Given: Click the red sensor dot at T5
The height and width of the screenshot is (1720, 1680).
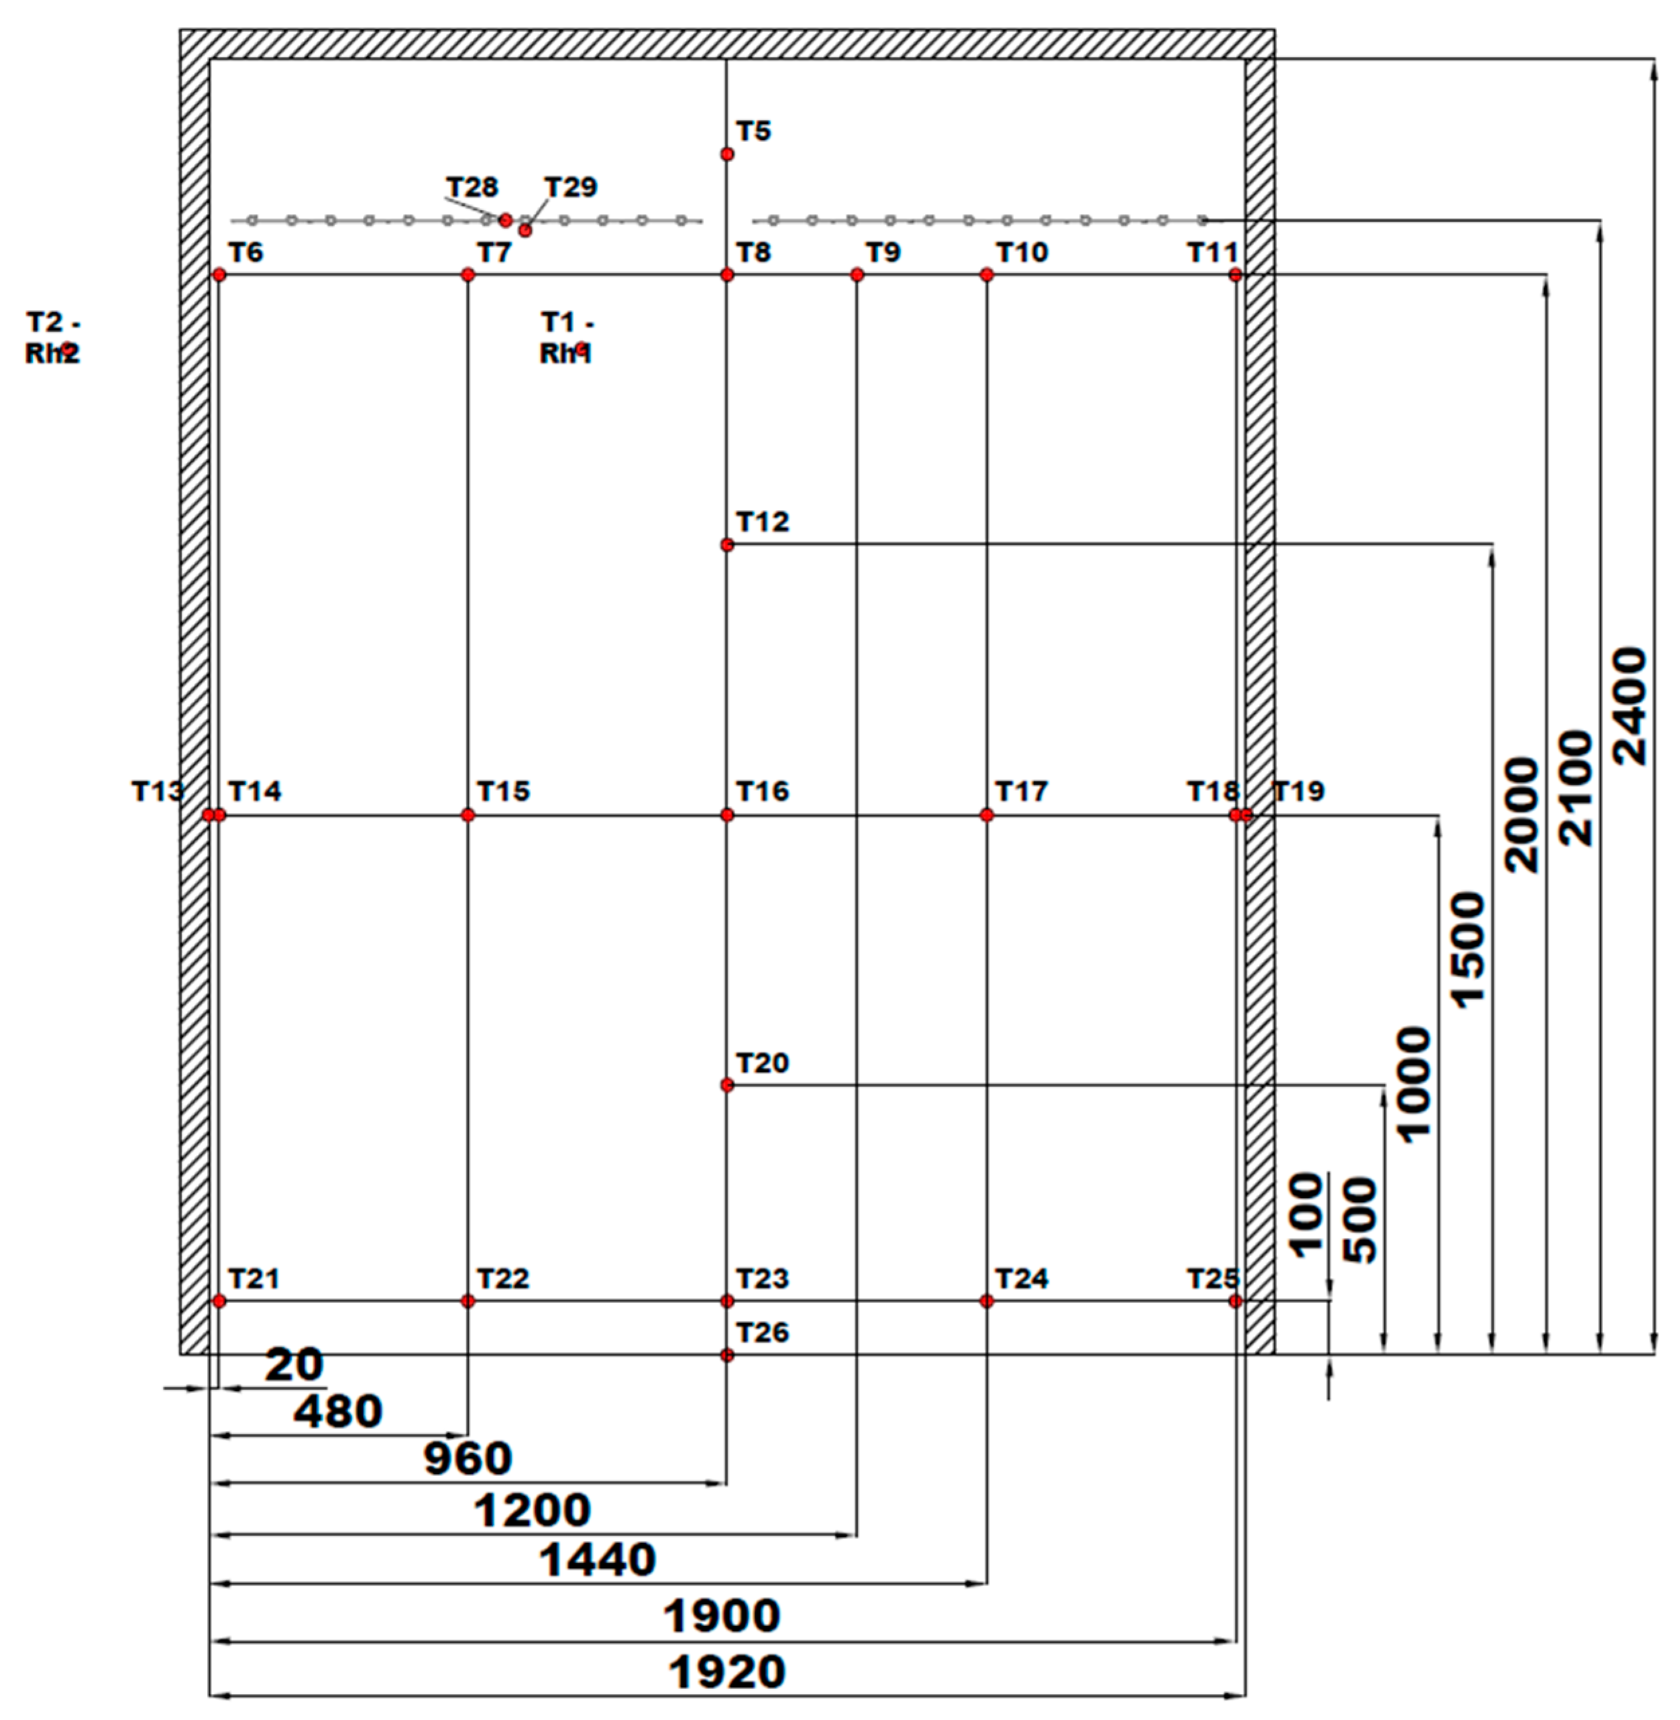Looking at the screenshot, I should (727, 154).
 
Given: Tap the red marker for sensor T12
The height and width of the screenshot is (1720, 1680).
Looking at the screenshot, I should (727, 545).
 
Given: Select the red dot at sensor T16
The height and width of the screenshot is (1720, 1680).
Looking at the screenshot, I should (727, 815).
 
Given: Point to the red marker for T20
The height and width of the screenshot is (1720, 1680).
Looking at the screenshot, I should (727, 1085).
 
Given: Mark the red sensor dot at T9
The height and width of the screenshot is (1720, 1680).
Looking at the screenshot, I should (856, 275).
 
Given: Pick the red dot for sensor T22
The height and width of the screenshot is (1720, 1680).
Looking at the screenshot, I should (467, 1301).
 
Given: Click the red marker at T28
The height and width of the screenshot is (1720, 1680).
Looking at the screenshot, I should (506, 221).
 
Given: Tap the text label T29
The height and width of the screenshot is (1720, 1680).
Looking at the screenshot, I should (571, 187).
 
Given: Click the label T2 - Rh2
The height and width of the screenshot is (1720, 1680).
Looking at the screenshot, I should (53, 339).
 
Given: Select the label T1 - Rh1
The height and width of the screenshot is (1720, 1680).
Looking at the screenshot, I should (567, 339).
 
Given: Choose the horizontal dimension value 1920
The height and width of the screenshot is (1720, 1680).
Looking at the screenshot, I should (727, 1672).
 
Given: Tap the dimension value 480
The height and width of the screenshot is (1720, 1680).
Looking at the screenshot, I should (338, 1411).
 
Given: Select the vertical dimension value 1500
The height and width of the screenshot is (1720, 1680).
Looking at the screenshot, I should (1468, 950).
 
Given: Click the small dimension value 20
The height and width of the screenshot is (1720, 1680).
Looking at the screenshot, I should (294, 1365).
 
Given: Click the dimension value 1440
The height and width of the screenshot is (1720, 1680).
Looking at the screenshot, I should (598, 1560).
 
